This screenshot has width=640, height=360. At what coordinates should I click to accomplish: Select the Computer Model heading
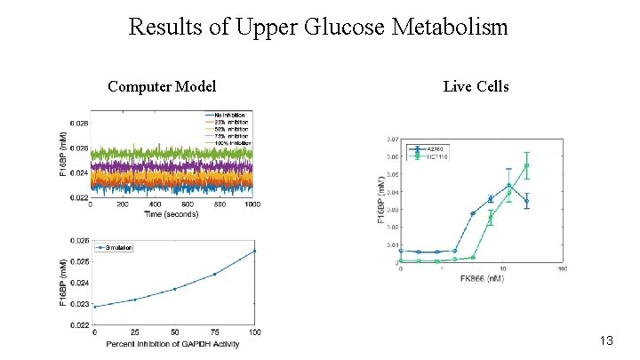pyautogui.click(x=161, y=86)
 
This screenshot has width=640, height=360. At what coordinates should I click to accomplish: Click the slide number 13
pyautogui.click(x=607, y=341)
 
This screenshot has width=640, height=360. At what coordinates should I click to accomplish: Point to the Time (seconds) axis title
pyautogui.click(x=172, y=215)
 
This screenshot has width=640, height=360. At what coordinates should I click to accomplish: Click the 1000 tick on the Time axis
pyautogui.click(x=252, y=205)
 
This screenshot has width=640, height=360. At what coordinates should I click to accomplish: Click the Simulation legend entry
pyautogui.click(x=116, y=247)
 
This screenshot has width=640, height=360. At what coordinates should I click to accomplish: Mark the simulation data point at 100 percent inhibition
pyautogui.click(x=254, y=251)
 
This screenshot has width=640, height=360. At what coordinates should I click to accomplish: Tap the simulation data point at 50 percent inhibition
pyautogui.click(x=174, y=289)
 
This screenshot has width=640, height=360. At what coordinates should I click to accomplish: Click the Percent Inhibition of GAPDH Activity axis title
pyautogui.click(x=172, y=344)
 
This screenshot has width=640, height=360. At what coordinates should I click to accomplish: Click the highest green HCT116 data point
pyautogui.click(x=526, y=165)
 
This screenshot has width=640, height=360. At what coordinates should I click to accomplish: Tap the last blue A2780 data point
pyautogui.click(x=526, y=201)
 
